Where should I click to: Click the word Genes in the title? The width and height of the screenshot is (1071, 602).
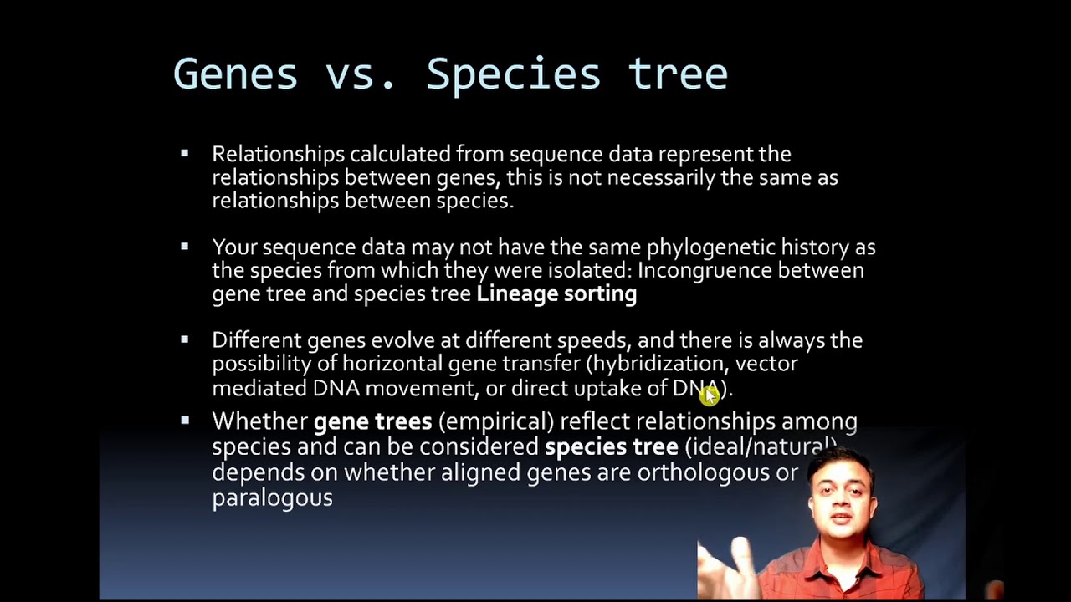pos(235,74)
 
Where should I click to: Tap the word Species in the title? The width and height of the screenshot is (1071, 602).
pos(513,74)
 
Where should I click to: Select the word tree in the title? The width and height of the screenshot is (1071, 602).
pos(678,74)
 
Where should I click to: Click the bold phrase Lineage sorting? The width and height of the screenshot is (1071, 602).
pos(556,293)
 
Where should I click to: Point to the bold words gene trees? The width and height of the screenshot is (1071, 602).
pos(372,421)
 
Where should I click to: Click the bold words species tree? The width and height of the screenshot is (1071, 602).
pos(611,446)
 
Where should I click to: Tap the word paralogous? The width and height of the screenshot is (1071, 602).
pos(272,498)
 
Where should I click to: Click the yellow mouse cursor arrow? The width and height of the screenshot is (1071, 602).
pos(710,396)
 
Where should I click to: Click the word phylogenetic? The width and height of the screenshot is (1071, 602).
pos(711,247)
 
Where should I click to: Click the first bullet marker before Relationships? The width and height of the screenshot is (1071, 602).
pos(185,153)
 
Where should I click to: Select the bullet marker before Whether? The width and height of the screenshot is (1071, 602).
pos(185,421)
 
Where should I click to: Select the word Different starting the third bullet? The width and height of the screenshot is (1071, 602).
pos(256,340)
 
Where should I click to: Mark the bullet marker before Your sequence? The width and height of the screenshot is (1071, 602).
pos(185,247)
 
